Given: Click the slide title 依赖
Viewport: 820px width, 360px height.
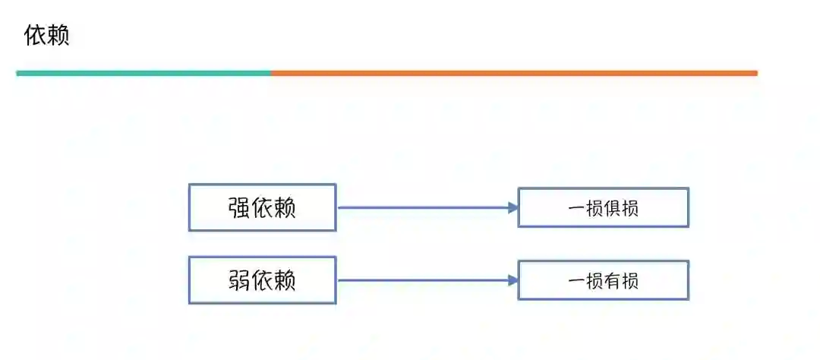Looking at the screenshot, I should point(47,36).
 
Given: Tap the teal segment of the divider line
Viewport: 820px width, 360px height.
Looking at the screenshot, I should point(143,73).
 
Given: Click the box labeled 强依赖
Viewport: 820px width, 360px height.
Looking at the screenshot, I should point(262,207).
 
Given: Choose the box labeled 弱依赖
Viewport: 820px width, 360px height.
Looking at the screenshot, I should point(262,280).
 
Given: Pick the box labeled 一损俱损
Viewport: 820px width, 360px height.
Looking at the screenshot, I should point(603,207).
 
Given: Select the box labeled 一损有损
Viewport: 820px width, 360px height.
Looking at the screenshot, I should point(603,280).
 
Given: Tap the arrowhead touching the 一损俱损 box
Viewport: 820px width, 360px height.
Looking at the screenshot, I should point(513,207).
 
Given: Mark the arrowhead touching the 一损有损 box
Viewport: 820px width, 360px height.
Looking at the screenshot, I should point(513,280).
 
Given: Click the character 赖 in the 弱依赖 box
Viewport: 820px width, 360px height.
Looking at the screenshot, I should point(285,280).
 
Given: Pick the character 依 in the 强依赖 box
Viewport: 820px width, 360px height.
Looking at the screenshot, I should point(262,207).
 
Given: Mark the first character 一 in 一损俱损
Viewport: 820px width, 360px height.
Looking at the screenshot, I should point(575,208).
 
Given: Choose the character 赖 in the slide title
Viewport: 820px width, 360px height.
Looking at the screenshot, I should point(58,36).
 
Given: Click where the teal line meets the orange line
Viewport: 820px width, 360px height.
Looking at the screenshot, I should point(271,73).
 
